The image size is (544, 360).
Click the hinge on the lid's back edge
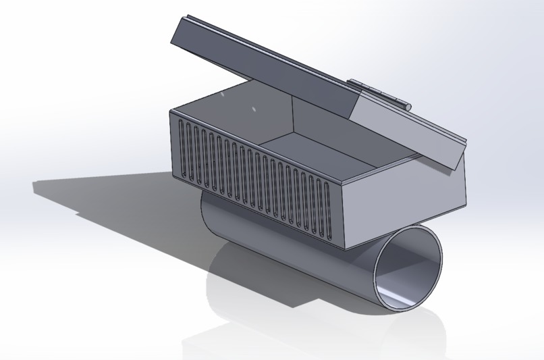[x=379, y=94]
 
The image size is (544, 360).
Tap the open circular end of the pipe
[x=409, y=267]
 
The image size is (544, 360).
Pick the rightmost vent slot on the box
[x=329, y=209]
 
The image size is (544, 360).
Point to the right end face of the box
[x=405, y=203]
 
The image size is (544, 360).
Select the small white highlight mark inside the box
[x=254, y=109]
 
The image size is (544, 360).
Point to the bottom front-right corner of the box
[x=345, y=248]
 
